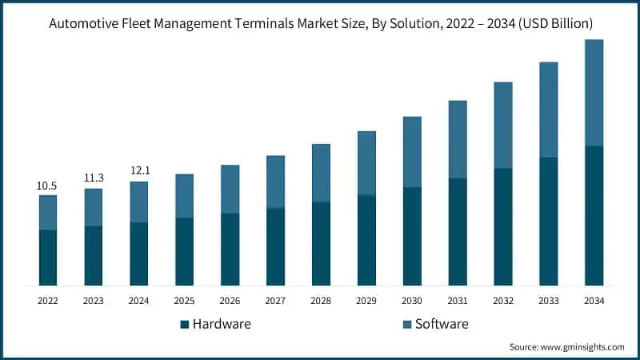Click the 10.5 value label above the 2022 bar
click(x=47, y=186)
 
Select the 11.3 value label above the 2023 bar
click(x=93, y=178)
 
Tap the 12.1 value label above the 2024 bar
click(x=138, y=171)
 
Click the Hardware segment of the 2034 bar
click(x=594, y=215)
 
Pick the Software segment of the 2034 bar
click(x=594, y=92)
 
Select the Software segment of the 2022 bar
click(x=47, y=212)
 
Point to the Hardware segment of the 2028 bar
click(x=321, y=243)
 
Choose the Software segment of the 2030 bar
click(x=412, y=152)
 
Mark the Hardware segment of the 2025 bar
click(x=184, y=251)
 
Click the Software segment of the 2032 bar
click(x=502, y=125)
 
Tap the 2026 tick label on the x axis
click(x=230, y=301)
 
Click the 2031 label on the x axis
click(x=457, y=301)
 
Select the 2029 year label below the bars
click(x=366, y=301)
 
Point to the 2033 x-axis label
click(x=548, y=301)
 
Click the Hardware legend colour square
click(x=184, y=324)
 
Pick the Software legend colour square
click(x=406, y=324)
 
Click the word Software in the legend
click(x=442, y=324)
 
